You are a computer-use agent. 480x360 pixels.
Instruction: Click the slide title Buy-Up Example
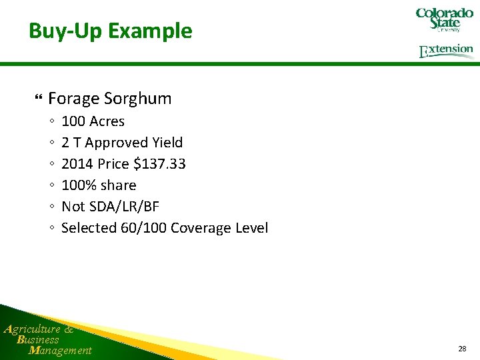pos(110,31)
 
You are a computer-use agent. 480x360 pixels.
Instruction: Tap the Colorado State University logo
pos(444,19)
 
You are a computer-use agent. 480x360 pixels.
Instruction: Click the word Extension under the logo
pos(446,51)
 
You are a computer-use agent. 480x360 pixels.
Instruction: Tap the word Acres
pos(107,121)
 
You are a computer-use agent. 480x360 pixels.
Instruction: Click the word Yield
pos(167,143)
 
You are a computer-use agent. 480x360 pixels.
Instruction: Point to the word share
pos(118,185)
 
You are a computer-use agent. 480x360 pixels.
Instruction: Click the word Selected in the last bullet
pos(89,228)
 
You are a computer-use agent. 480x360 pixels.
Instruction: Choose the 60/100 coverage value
pos(143,228)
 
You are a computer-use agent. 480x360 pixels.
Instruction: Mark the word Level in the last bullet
pos(251,228)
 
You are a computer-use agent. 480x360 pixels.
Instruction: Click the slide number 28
pos(462,349)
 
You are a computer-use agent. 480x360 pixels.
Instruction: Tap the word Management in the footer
pos(61,351)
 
